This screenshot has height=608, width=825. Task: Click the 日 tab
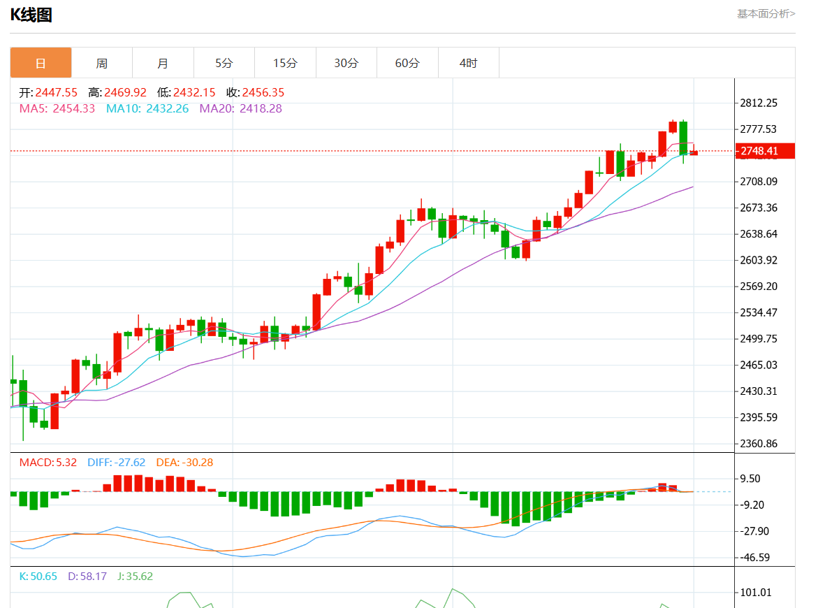pyautogui.click(x=41, y=63)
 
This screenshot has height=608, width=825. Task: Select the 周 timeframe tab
pyautogui.click(x=102, y=63)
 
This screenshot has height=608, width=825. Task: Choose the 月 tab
pyautogui.click(x=163, y=63)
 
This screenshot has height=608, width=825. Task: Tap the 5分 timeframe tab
pyautogui.click(x=224, y=63)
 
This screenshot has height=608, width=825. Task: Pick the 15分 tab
pyautogui.click(x=285, y=63)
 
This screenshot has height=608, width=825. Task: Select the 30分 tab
pyautogui.click(x=346, y=63)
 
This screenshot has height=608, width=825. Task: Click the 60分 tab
pyautogui.click(x=407, y=63)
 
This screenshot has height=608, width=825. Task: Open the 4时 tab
pyautogui.click(x=468, y=63)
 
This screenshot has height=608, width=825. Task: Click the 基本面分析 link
pyautogui.click(x=766, y=13)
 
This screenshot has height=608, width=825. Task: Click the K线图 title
pyautogui.click(x=31, y=15)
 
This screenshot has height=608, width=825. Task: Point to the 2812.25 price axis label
pyautogui.click(x=759, y=103)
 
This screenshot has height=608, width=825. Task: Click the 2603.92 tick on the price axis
pyautogui.click(x=759, y=260)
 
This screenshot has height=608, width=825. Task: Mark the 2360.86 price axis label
pyautogui.click(x=759, y=444)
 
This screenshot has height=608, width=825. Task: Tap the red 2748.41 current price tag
pyautogui.click(x=759, y=151)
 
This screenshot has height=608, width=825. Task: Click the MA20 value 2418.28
pyautogui.click(x=261, y=108)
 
